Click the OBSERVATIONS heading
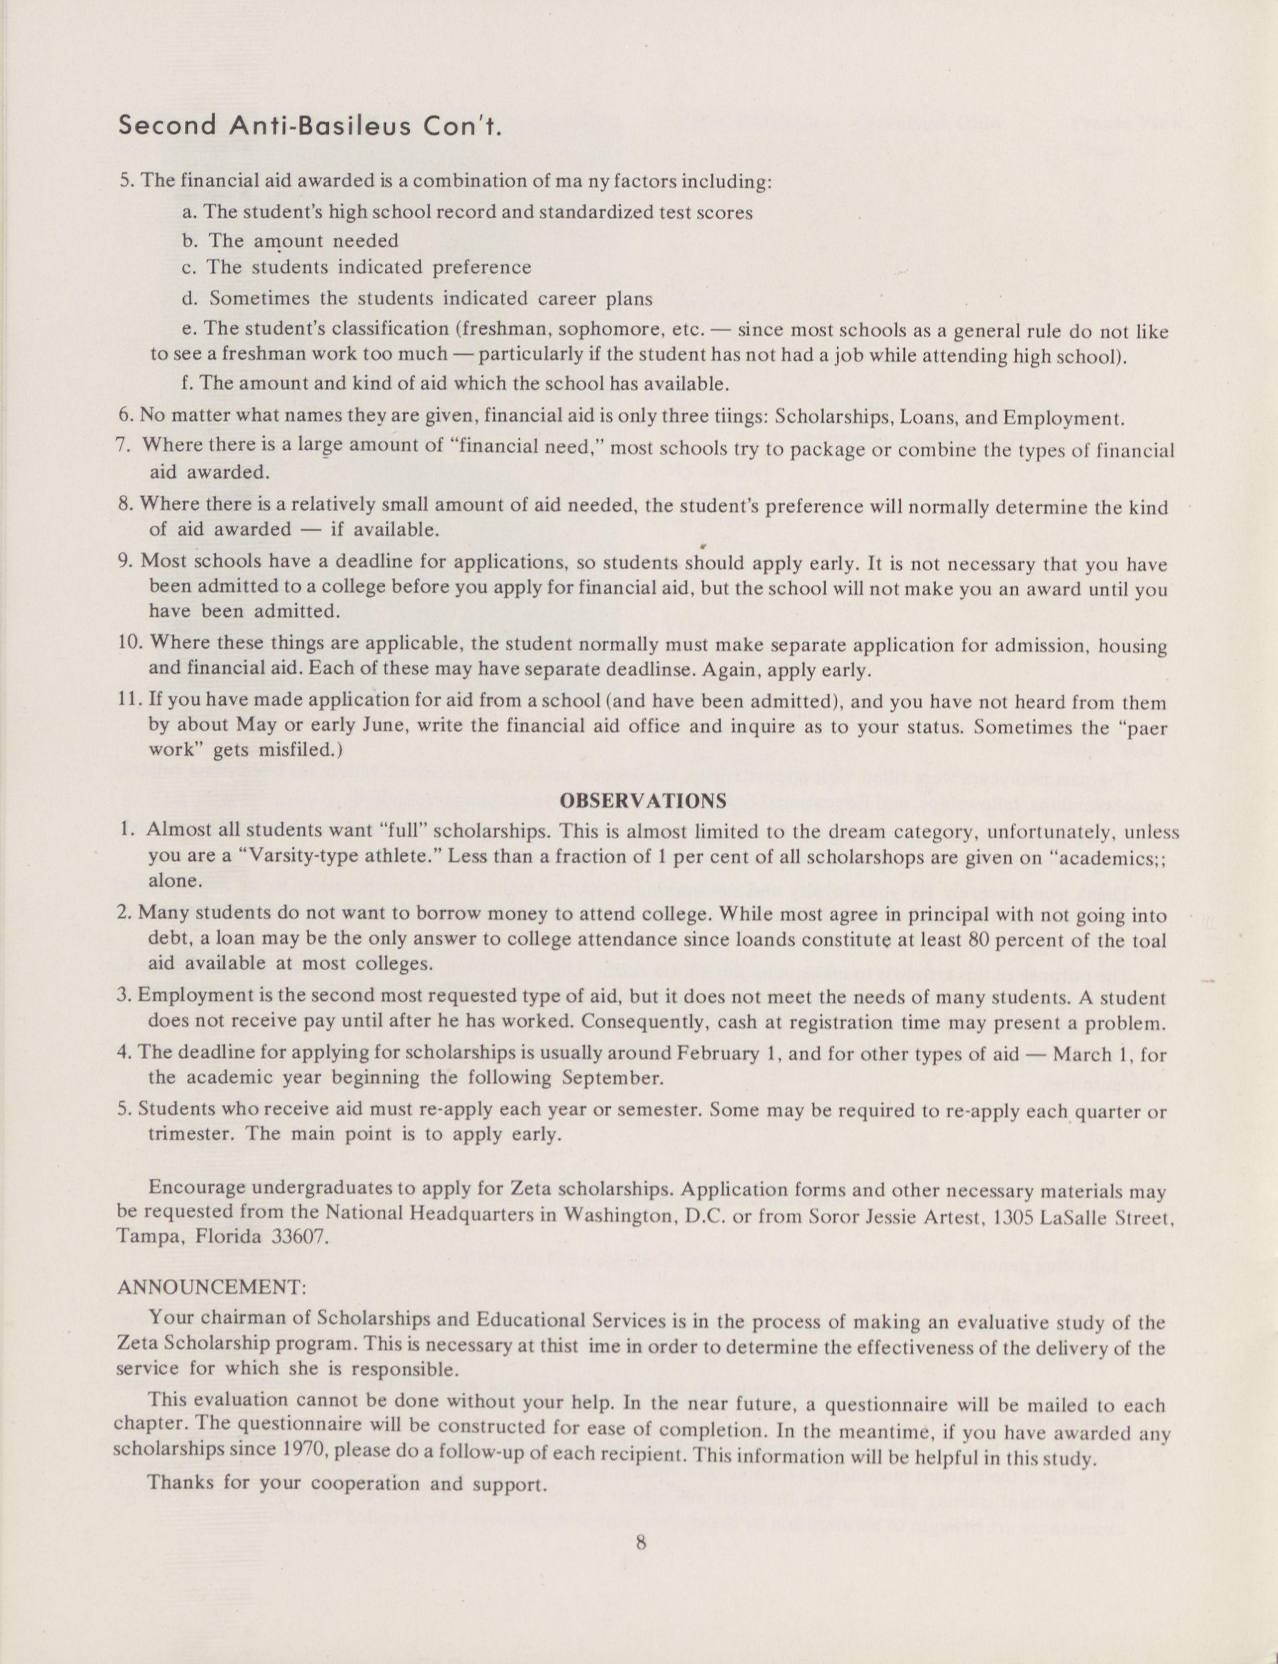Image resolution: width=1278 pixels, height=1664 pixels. (x=643, y=801)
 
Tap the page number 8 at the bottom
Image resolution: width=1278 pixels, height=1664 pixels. (x=641, y=1543)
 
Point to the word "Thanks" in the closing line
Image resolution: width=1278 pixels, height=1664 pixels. (x=180, y=1483)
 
